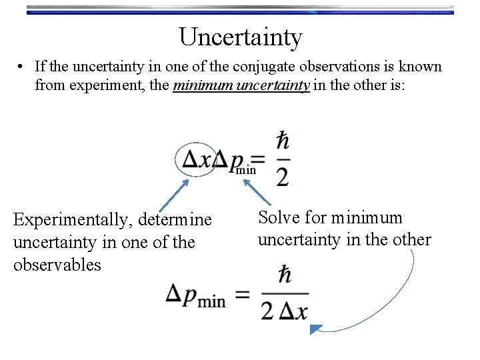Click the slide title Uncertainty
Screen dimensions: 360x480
[240, 37]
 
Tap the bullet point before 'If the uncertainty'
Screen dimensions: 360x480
[22, 67]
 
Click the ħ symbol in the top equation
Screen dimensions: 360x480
[283, 141]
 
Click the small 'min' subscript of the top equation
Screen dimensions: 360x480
[246, 170]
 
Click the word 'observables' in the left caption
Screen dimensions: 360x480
[57, 265]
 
